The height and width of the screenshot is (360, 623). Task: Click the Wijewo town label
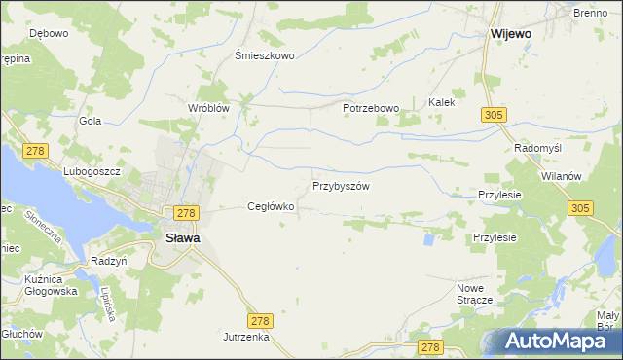(x=511, y=34)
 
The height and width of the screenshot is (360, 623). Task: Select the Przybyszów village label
(x=341, y=185)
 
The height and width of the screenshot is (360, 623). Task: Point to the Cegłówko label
(x=271, y=206)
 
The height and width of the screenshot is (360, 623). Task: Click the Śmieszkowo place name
(x=265, y=55)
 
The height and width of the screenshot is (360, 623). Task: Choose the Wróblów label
(x=207, y=108)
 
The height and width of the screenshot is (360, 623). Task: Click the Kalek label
(x=442, y=101)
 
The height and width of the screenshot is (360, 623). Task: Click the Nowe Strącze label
(x=476, y=294)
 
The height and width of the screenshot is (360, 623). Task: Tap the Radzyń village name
(x=109, y=261)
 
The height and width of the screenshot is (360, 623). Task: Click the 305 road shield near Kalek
(x=493, y=116)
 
